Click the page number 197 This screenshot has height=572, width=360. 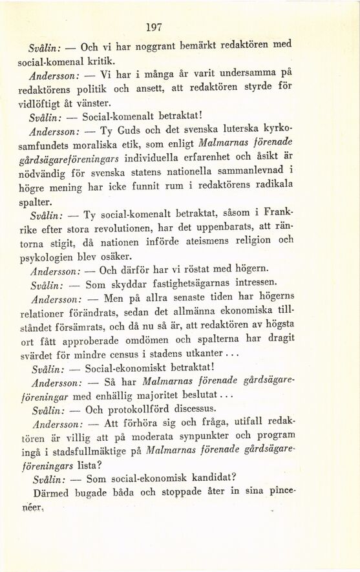(x=154, y=27)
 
